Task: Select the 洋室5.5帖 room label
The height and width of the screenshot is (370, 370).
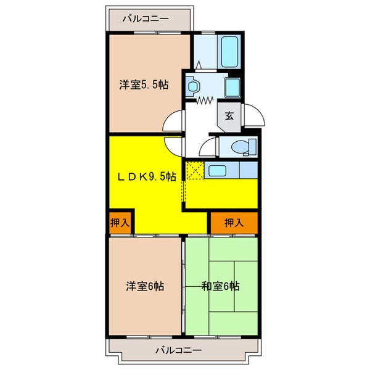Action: (144, 85)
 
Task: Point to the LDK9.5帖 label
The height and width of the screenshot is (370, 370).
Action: (147, 176)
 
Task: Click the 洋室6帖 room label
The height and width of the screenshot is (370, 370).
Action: (146, 286)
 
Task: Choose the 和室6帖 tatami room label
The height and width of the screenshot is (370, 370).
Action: (220, 286)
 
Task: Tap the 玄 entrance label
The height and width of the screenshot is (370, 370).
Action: (229, 115)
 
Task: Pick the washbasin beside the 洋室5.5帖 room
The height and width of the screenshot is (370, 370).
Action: (192, 86)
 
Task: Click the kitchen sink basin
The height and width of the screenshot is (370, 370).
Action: (216, 170)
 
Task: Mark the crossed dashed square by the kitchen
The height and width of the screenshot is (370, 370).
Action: (194, 170)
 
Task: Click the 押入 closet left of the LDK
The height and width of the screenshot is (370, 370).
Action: (120, 223)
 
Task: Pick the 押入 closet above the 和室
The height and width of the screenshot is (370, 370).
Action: (234, 223)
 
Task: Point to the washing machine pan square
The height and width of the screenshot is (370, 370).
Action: (234, 86)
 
